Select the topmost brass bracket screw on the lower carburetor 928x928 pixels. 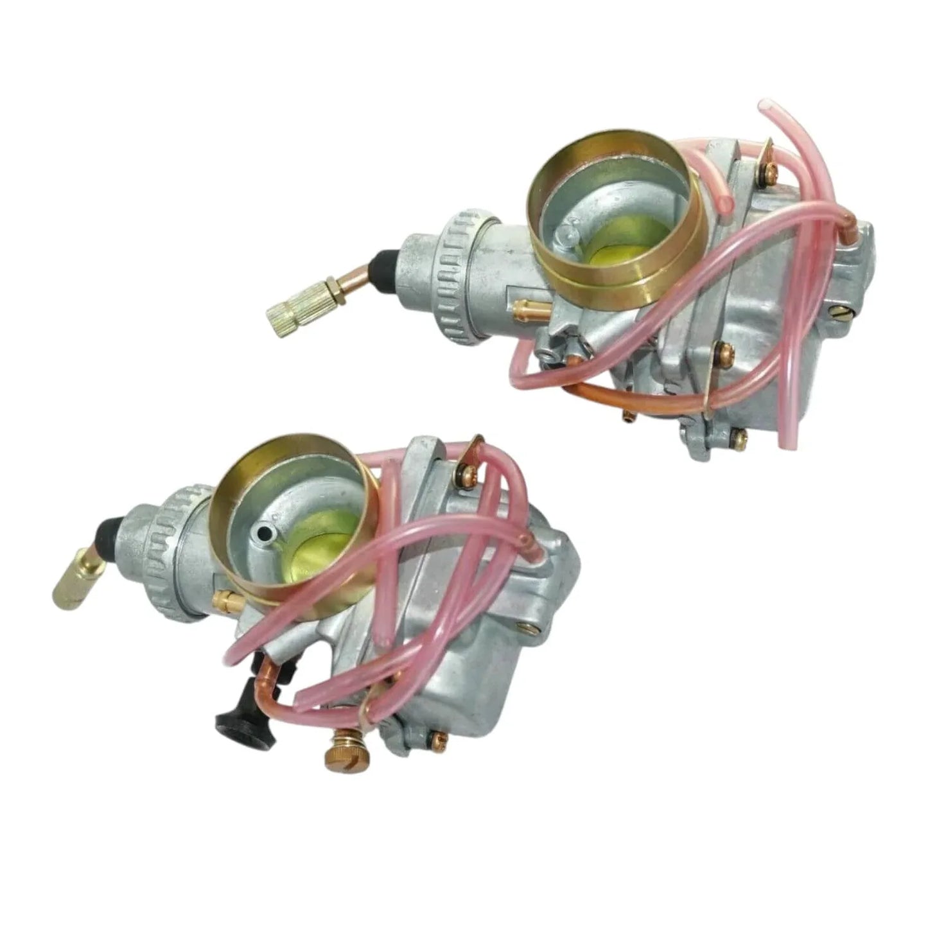(x=464, y=473)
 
